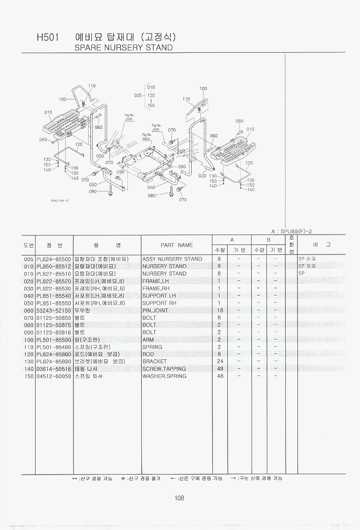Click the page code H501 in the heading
click(48, 38)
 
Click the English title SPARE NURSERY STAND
click(123, 47)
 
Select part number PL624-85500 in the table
click(54, 259)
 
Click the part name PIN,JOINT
click(155, 310)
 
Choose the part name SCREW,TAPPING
click(164, 368)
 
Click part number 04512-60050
click(54, 376)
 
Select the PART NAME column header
click(176, 245)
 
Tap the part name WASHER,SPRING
click(164, 376)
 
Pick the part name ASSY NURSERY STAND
click(172, 259)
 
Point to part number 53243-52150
click(54, 310)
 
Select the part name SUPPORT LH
click(159, 295)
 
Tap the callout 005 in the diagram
click(138, 95)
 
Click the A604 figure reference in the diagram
click(147, 140)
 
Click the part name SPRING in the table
click(152, 347)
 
